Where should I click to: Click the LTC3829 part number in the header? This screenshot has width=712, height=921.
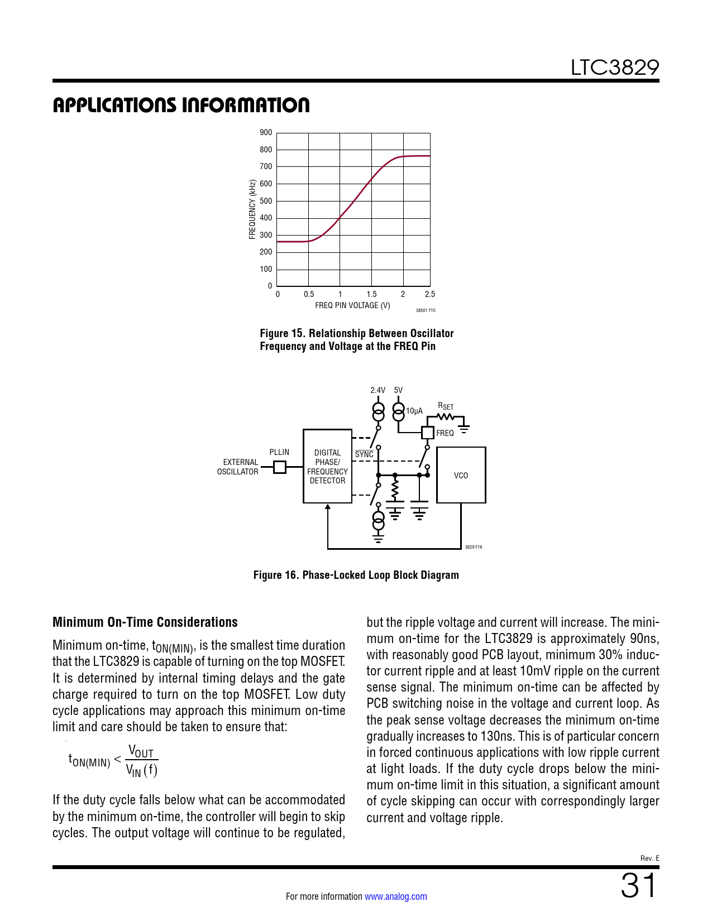click(614, 68)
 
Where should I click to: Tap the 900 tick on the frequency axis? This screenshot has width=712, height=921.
click(266, 133)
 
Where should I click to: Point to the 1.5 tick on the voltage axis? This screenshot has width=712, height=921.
click(371, 294)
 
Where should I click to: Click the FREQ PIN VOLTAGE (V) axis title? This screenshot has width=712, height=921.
click(352, 305)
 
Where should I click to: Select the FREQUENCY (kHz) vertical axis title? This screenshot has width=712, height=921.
click(252, 209)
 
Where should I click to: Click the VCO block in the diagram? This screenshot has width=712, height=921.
click(461, 475)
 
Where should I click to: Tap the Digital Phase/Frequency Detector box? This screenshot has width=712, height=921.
click(327, 466)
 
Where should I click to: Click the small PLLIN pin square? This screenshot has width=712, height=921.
click(280, 467)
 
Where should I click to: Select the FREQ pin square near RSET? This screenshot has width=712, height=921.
click(427, 432)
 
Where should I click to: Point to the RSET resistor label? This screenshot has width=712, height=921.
click(445, 406)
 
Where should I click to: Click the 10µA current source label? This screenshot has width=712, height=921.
click(414, 411)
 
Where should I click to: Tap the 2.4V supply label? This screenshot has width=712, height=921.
click(378, 390)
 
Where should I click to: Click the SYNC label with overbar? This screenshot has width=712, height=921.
click(364, 454)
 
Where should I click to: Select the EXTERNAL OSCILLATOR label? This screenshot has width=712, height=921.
click(238, 467)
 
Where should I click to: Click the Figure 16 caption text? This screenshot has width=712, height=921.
click(356, 575)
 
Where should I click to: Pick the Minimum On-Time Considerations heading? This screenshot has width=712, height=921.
click(145, 622)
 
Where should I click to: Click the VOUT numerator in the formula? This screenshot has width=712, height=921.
click(141, 751)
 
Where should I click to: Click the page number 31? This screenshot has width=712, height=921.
click(638, 886)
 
